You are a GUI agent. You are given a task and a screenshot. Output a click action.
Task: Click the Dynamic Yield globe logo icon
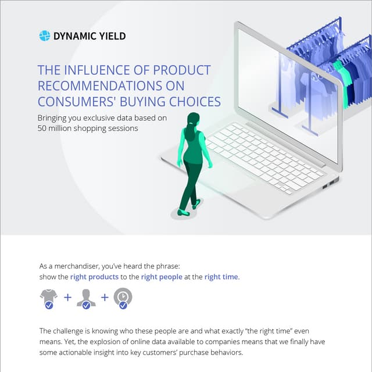45,36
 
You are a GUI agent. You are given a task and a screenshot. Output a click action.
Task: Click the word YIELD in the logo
112,36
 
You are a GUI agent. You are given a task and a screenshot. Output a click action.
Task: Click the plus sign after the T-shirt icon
67,298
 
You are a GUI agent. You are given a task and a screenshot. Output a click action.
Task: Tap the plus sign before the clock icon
105,298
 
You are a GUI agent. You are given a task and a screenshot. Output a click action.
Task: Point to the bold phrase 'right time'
221,277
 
